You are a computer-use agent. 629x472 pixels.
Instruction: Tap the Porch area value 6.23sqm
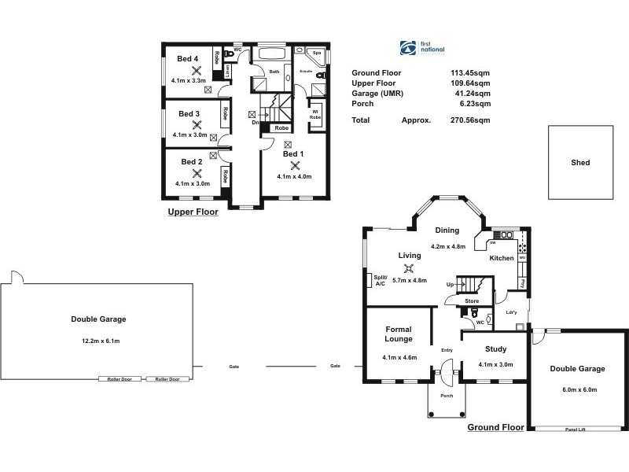click(477, 103)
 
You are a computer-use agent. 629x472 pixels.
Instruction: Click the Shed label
click(580, 163)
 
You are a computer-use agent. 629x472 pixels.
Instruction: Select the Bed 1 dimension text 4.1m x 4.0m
click(294, 177)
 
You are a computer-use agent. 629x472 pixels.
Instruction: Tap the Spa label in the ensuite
click(317, 53)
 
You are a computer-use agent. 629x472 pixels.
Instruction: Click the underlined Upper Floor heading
click(193, 212)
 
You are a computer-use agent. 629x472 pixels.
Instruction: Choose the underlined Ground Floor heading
click(495, 428)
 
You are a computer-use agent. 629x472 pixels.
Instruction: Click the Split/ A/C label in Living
click(381, 280)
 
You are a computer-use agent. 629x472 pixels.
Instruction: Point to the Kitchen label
click(502, 258)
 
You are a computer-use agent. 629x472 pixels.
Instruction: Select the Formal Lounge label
click(399, 334)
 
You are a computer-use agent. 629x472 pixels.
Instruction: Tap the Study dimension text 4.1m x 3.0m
click(495, 364)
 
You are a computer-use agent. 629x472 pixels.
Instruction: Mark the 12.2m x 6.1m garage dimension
click(98, 341)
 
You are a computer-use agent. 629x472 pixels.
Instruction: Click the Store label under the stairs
click(472, 301)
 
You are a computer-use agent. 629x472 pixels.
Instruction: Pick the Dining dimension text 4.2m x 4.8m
click(448, 246)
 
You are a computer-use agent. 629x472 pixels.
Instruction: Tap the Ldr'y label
click(509, 312)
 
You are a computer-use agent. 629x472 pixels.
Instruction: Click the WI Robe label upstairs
click(315, 113)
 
